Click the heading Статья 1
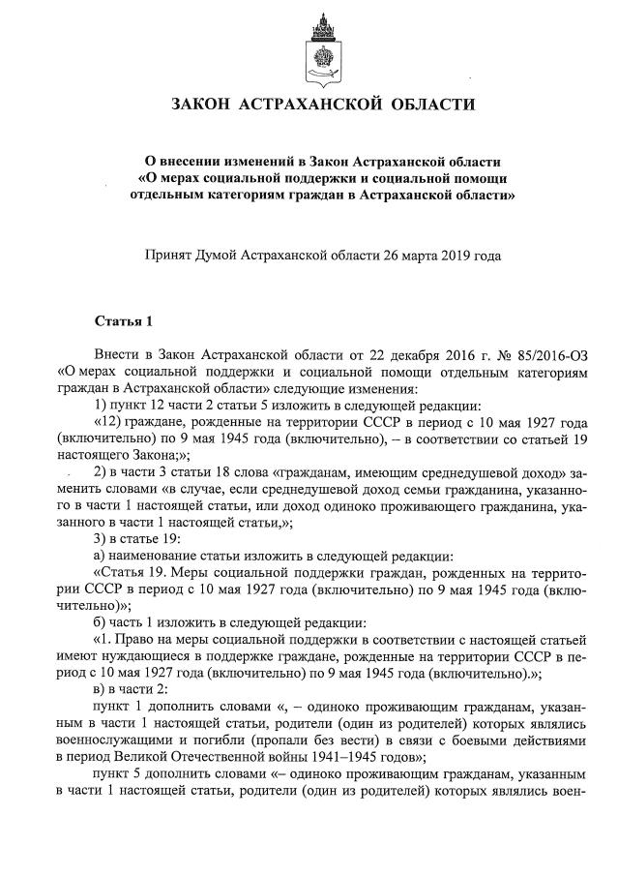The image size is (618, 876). point(123,320)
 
